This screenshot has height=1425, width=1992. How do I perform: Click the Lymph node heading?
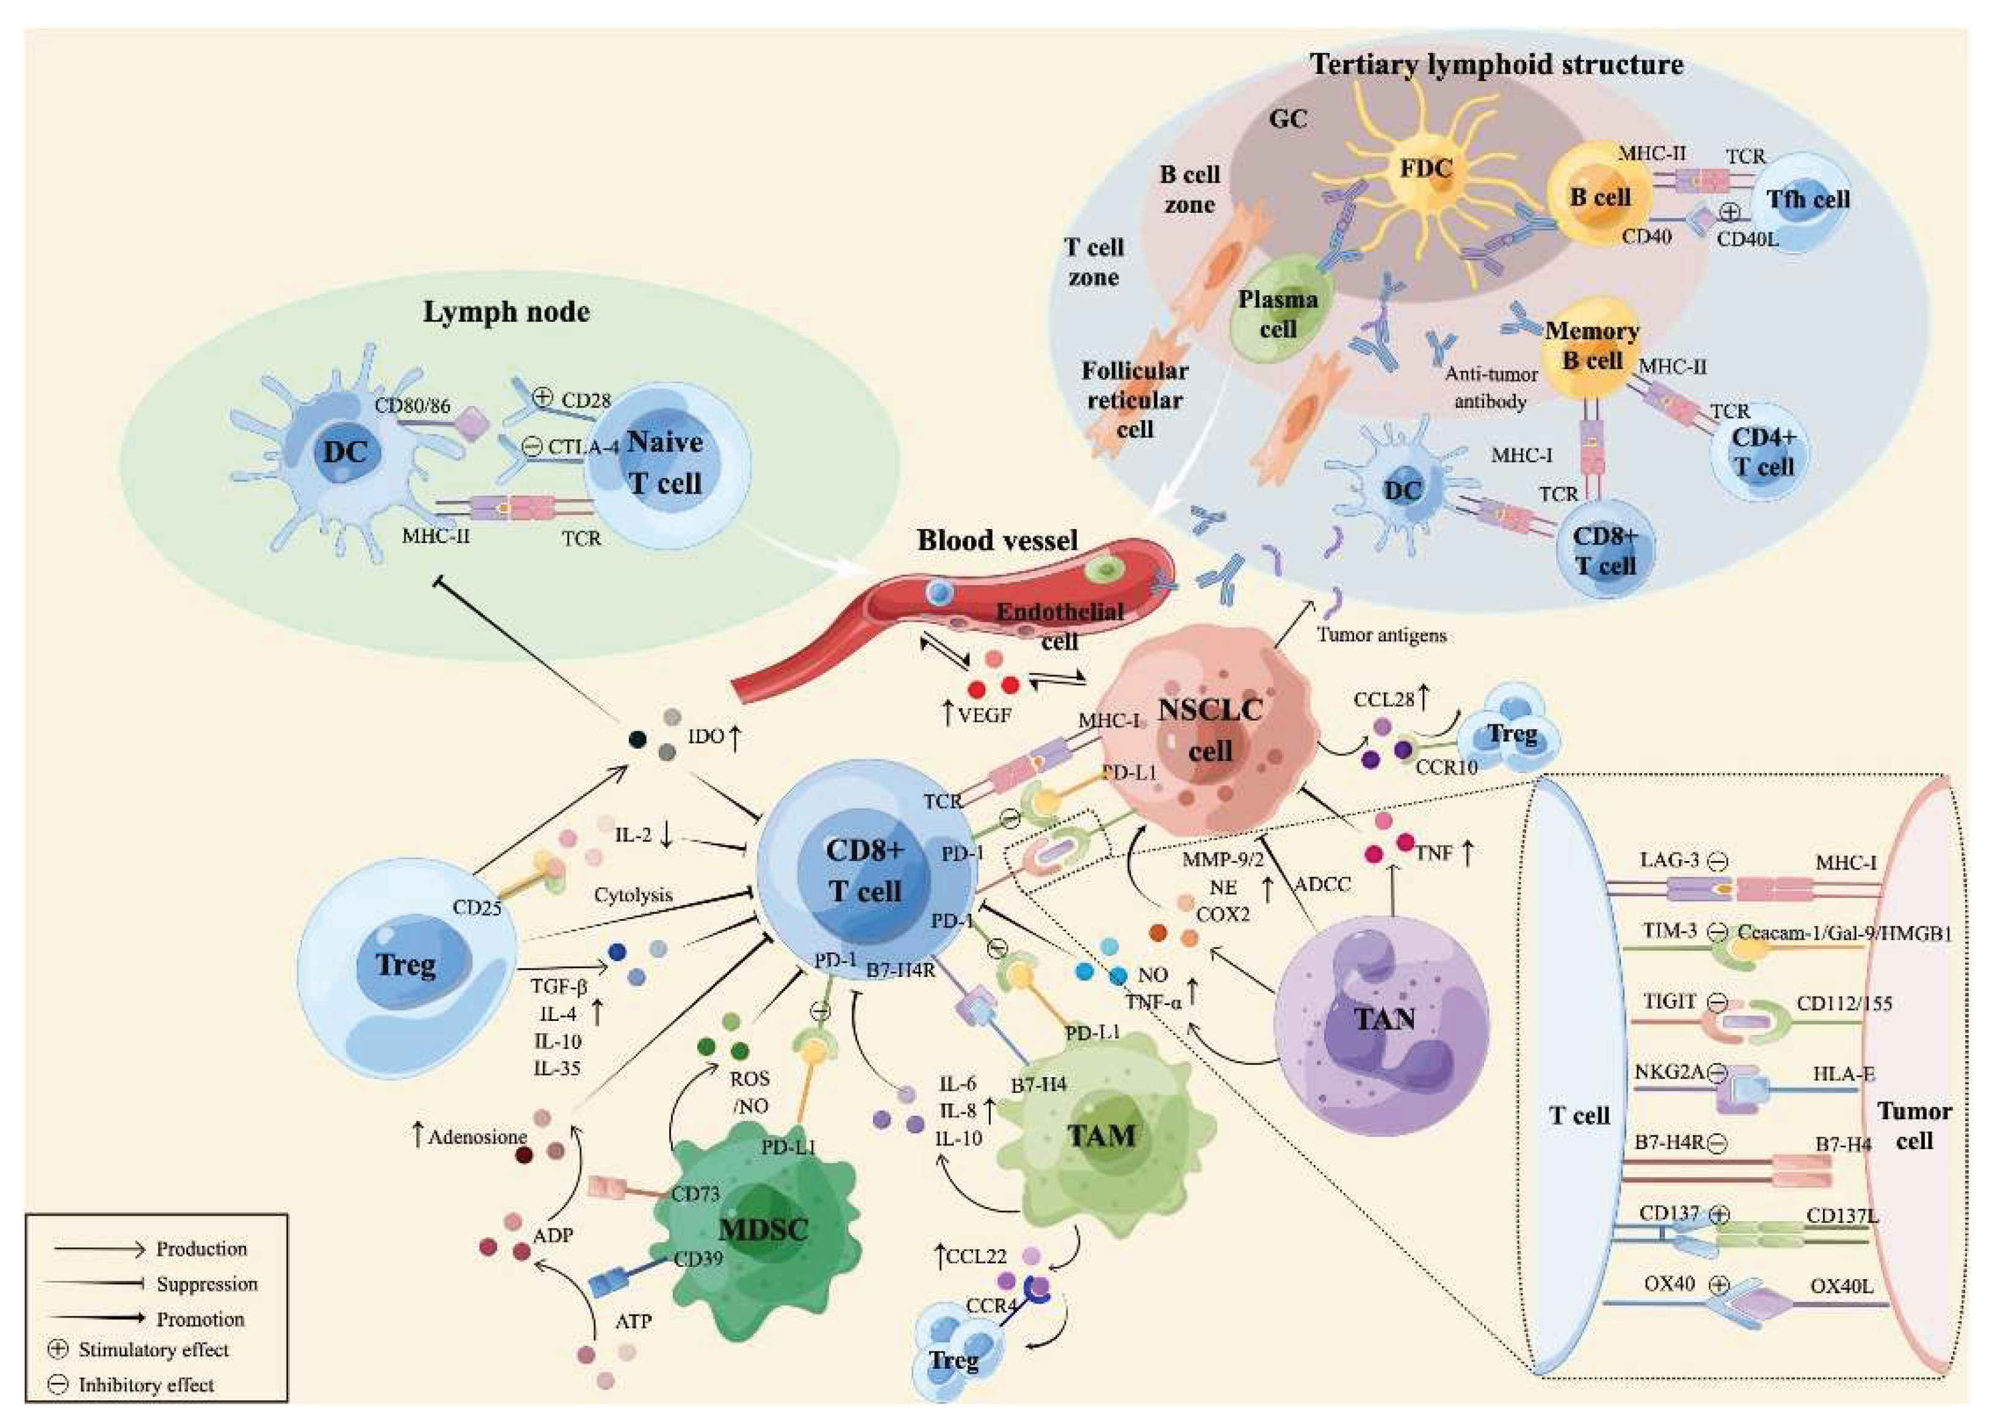click(506, 312)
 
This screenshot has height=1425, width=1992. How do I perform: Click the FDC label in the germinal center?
click(1425, 168)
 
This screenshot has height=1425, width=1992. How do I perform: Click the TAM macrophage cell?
click(1101, 1136)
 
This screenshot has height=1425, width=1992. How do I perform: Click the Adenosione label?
click(477, 1137)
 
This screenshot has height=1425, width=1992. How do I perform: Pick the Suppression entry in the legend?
click(207, 1284)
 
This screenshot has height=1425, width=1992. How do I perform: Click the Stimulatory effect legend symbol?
click(58, 1349)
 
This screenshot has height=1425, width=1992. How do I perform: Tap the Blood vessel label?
click(997, 541)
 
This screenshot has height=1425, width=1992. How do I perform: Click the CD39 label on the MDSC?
click(698, 1258)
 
